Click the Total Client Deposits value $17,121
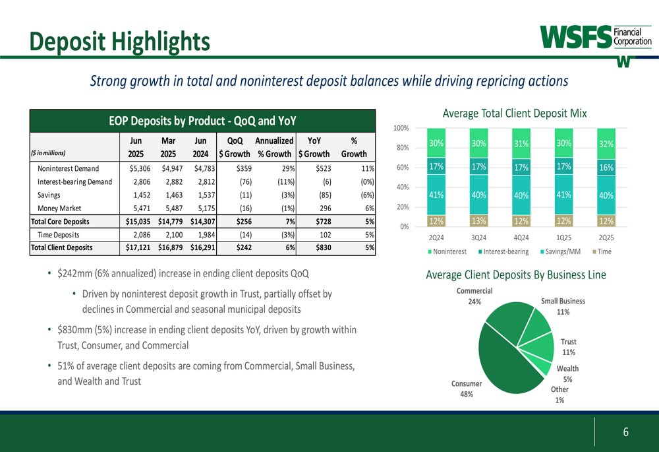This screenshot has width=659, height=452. [140, 247]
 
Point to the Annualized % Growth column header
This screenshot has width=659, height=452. [274, 148]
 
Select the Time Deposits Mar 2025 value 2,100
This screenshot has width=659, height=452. [171, 234]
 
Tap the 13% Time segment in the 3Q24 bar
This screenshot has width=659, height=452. [478, 220]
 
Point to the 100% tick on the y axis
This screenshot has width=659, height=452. [401, 127]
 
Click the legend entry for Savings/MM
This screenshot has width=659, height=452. [561, 251]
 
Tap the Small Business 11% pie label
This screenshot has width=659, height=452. [563, 306]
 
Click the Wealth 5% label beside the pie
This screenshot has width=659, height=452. [567, 373]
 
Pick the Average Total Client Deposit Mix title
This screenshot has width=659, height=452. [515, 113]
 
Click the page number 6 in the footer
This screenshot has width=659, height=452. [626, 432]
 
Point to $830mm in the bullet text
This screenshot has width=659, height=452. [73, 329]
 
